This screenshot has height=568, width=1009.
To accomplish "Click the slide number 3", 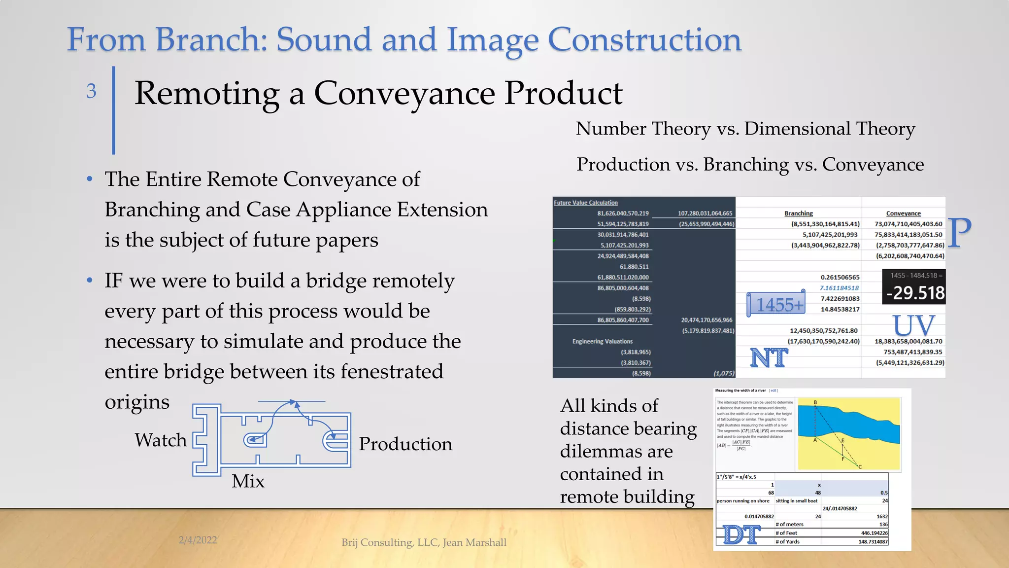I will click(91, 91).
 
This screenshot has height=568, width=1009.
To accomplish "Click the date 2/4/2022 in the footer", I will click(198, 540).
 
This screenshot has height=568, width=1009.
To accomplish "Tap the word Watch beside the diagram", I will click(161, 440).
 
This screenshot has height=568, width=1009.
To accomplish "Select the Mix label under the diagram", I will click(248, 481).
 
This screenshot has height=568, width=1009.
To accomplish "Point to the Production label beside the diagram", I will click(405, 444).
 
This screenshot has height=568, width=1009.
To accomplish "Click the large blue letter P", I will click(959, 233).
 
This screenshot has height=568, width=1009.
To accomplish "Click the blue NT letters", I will click(769, 357).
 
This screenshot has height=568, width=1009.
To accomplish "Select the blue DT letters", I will click(742, 534).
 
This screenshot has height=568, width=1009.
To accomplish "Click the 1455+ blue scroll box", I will click(777, 304).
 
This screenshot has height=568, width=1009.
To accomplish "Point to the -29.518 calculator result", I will click(915, 293).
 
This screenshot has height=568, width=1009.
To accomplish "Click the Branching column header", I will click(799, 213).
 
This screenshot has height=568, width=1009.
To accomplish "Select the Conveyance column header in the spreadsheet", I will click(903, 213).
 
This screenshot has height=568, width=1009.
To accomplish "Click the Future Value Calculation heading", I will click(585, 203).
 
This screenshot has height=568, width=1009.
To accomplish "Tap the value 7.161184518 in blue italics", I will click(840, 288).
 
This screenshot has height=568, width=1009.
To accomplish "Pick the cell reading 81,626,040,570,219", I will click(623, 213).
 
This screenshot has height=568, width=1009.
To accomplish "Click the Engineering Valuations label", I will click(602, 341).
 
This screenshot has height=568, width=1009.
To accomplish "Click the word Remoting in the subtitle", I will click(207, 93).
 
